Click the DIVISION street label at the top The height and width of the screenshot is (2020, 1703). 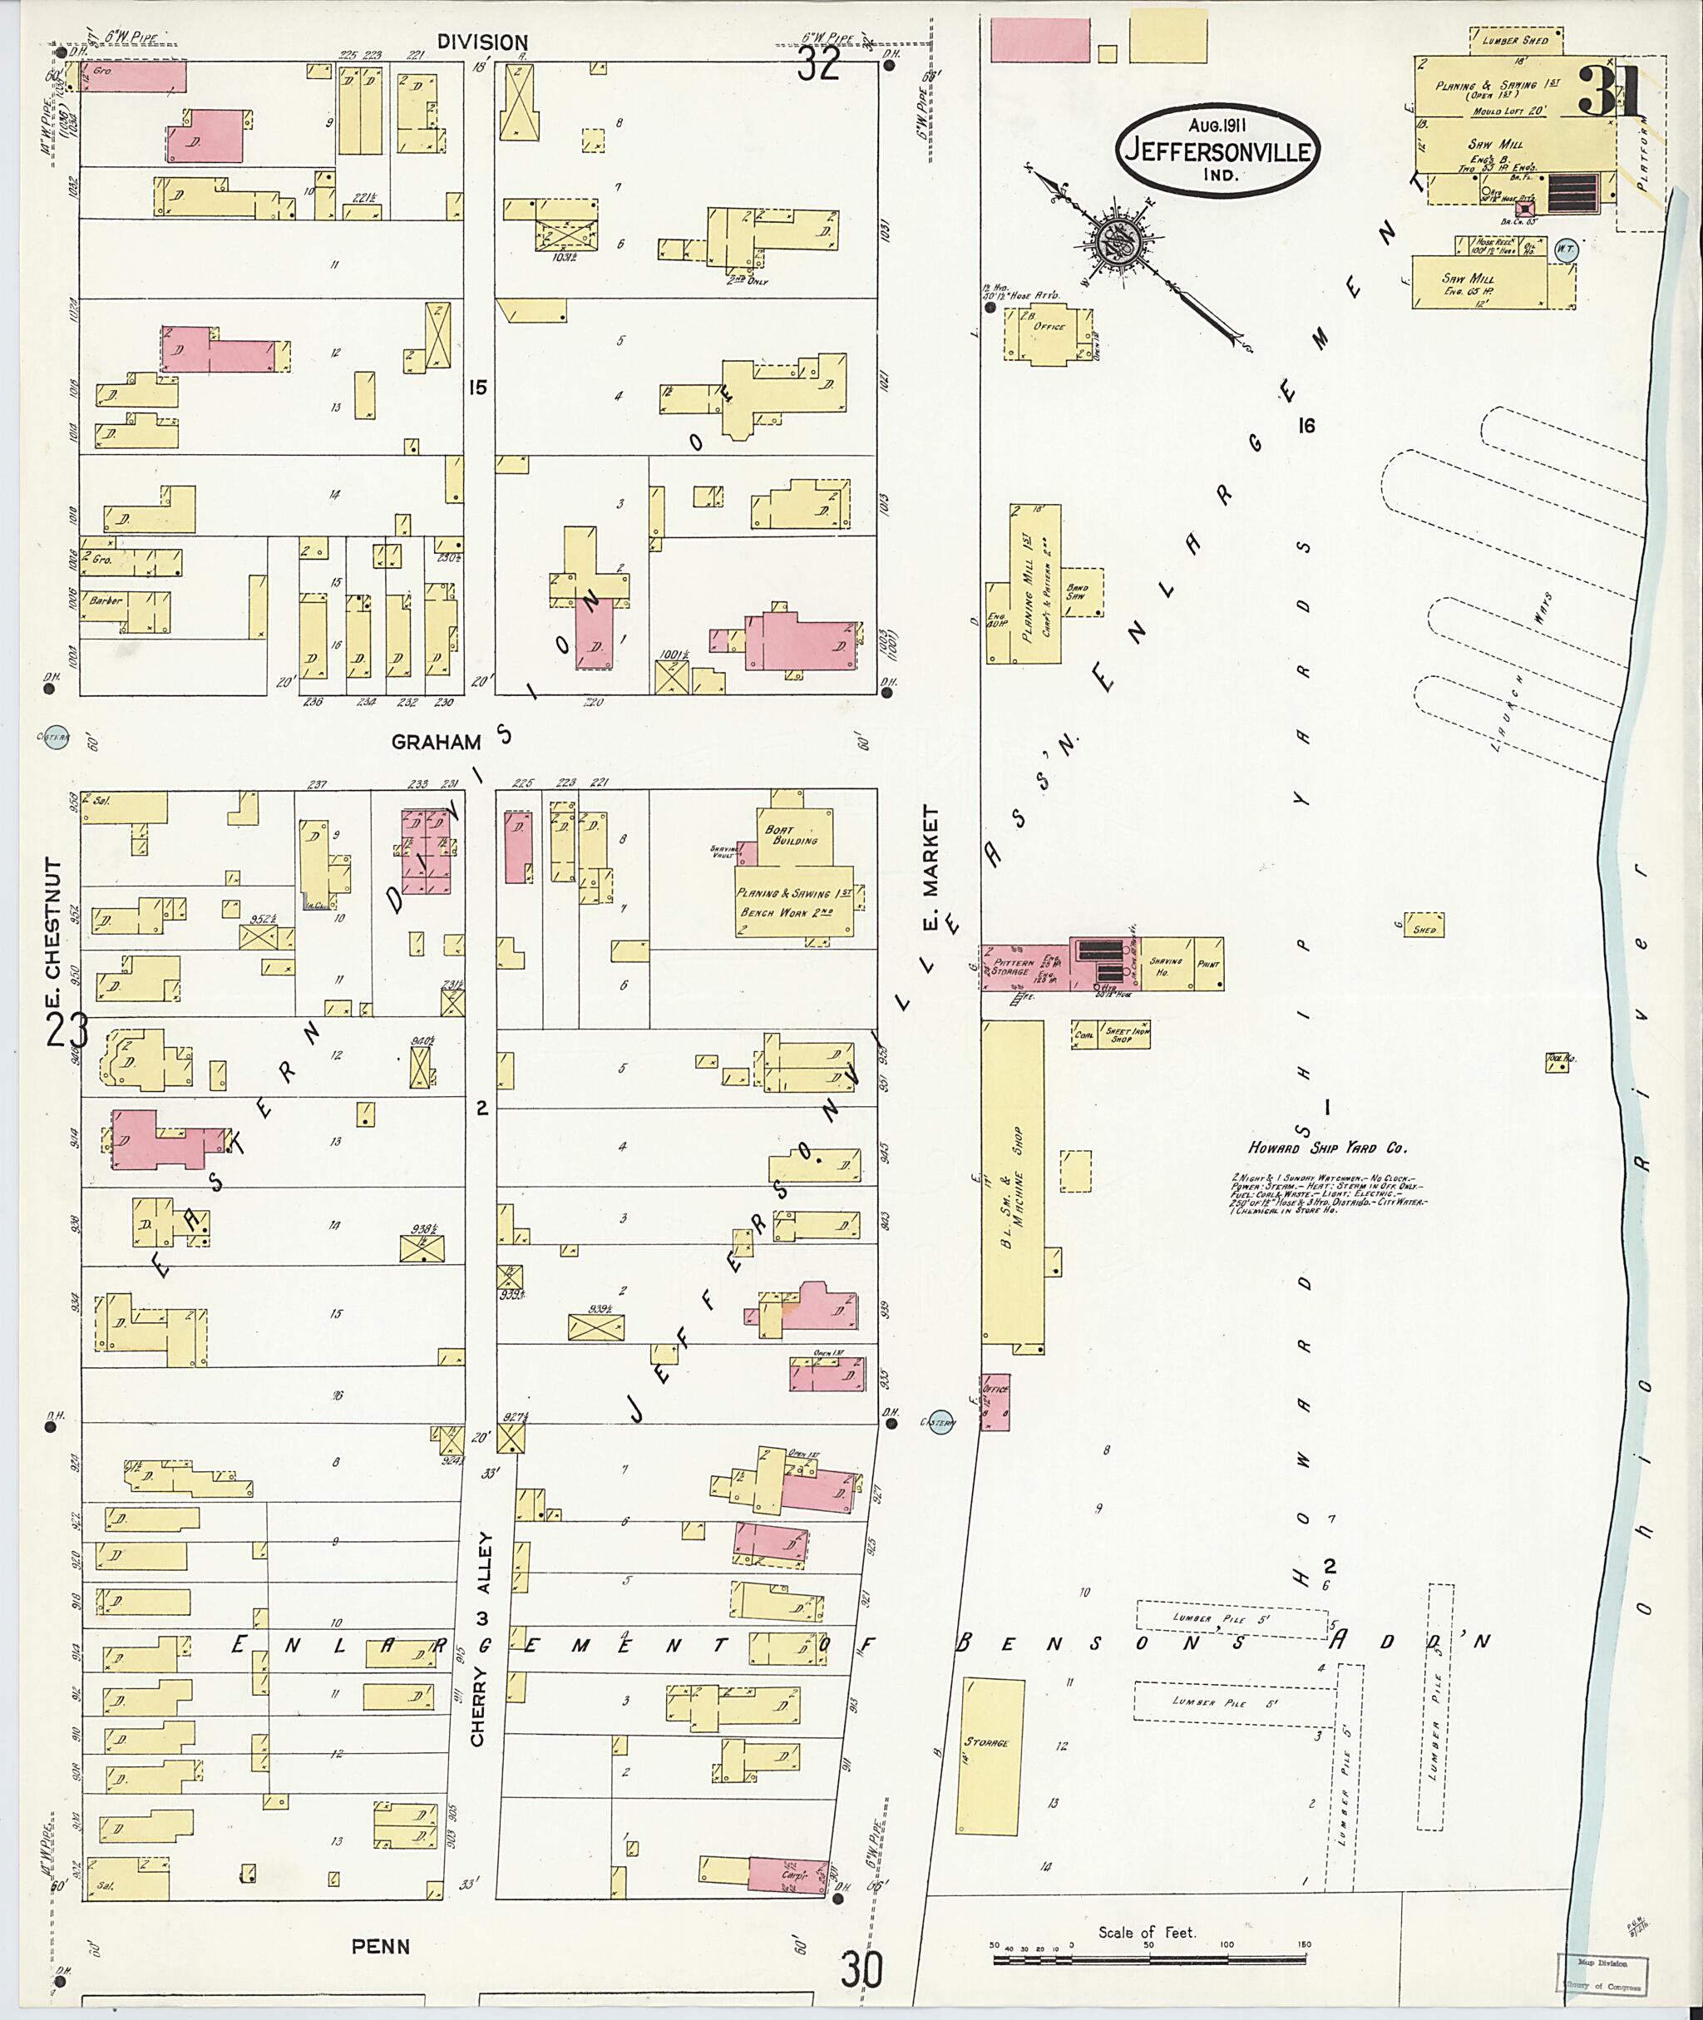(481, 42)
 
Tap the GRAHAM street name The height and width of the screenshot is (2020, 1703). (437, 742)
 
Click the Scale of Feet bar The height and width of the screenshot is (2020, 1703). (1147, 1959)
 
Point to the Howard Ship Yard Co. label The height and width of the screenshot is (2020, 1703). (1327, 1149)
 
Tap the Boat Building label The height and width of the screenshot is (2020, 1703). (791, 834)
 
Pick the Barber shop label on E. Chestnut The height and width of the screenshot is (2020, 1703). (106, 600)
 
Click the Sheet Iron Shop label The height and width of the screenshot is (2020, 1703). (1120, 1035)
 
